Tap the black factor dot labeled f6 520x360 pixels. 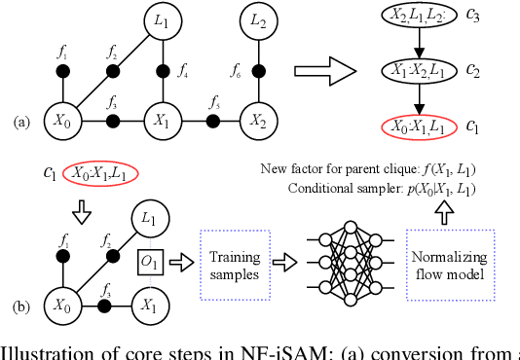(x=257, y=71)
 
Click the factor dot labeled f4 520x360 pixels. (x=160, y=71)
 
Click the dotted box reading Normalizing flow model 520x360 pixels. (x=444, y=261)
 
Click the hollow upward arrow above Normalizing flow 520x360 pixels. (x=444, y=210)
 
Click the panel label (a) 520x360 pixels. (x=19, y=123)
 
